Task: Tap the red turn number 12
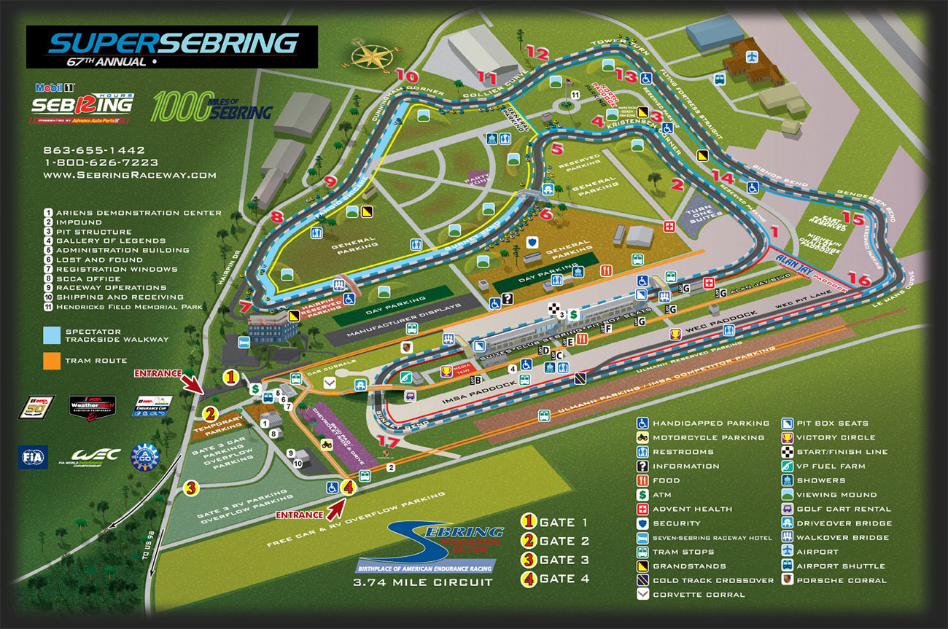tap(536, 52)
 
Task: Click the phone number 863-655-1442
tap(94, 151)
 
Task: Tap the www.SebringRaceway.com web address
tap(130, 175)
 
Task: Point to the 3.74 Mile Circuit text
tap(422, 582)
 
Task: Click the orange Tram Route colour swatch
tap(51, 359)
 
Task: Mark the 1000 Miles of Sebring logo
tap(211, 106)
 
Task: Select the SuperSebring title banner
tap(172, 47)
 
